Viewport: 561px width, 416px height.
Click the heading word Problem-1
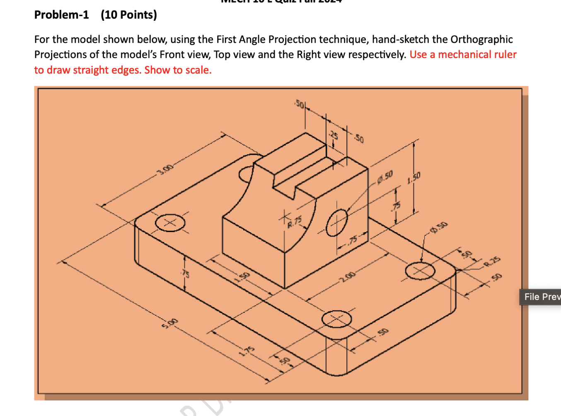(x=61, y=15)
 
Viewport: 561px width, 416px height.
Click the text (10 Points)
(x=129, y=15)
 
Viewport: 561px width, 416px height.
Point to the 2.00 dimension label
(x=347, y=276)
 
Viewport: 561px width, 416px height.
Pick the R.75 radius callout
(x=295, y=222)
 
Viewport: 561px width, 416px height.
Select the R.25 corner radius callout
(x=493, y=261)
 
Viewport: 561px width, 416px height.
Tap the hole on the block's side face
(x=337, y=223)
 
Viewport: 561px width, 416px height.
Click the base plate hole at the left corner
(x=170, y=223)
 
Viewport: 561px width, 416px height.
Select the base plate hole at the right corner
(x=420, y=271)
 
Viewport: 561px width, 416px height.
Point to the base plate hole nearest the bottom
(x=337, y=319)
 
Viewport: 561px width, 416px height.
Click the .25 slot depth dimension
(x=334, y=135)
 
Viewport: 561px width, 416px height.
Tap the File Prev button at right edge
(x=541, y=297)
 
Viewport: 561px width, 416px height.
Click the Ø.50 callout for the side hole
(x=385, y=176)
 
